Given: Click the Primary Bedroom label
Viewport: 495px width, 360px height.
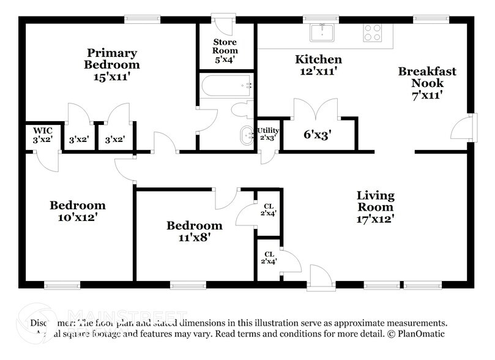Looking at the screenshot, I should pyautogui.click(x=112, y=64).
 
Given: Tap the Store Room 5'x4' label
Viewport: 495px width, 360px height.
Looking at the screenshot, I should pyautogui.click(x=225, y=51).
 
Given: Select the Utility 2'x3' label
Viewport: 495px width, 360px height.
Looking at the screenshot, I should pyautogui.click(x=268, y=133).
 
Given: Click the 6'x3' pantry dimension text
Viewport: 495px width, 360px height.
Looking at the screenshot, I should pyautogui.click(x=317, y=134).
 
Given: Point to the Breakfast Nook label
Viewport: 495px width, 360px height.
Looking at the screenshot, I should pyautogui.click(x=427, y=83).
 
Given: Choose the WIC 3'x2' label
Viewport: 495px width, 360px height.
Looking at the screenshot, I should pyautogui.click(x=42, y=135).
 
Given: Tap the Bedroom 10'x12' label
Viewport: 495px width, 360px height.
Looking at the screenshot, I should pyautogui.click(x=77, y=211).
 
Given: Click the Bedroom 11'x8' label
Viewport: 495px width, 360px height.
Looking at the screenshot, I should pyautogui.click(x=195, y=231).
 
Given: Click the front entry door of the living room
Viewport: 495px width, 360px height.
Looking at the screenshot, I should pyautogui.click(x=320, y=277).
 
